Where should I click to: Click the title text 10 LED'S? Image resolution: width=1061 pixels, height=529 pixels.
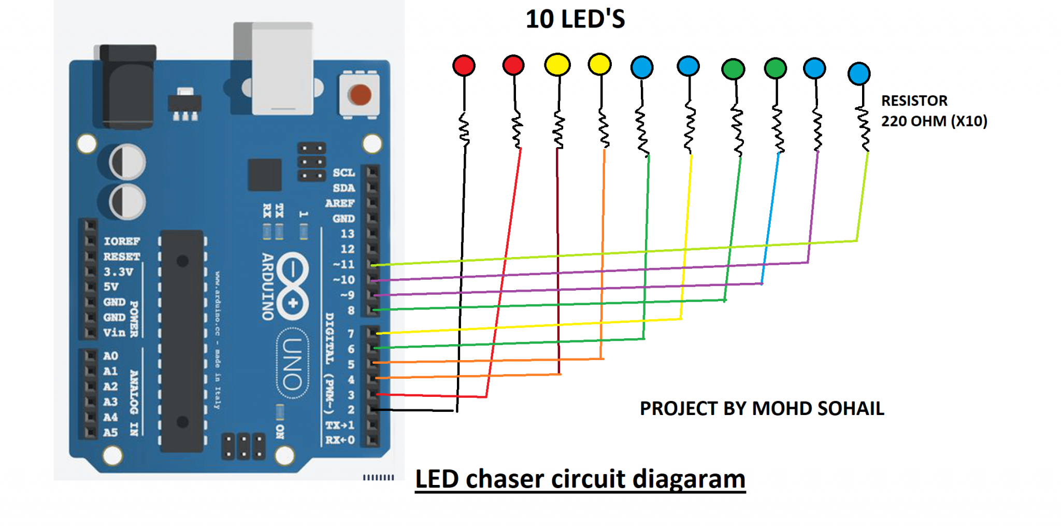point(575,20)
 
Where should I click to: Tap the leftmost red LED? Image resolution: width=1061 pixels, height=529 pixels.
point(464,66)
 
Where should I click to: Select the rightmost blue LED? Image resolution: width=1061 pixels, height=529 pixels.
point(858,74)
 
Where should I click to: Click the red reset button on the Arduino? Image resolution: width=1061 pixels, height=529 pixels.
point(360,95)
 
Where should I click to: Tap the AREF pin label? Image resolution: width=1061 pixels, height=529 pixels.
point(340,203)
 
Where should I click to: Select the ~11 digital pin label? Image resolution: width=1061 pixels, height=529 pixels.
point(344,264)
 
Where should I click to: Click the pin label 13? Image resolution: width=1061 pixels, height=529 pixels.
point(347,234)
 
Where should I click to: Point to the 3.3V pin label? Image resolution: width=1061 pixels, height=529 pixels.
point(118,271)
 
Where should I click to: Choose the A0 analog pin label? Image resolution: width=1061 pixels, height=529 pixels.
point(110,356)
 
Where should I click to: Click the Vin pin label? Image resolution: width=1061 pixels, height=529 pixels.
point(114,332)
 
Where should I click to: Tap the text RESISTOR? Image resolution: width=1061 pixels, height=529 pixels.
point(914,101)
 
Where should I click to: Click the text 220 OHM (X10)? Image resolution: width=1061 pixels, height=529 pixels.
point(934,121)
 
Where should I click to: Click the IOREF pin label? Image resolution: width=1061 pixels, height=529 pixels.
point(122,241)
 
